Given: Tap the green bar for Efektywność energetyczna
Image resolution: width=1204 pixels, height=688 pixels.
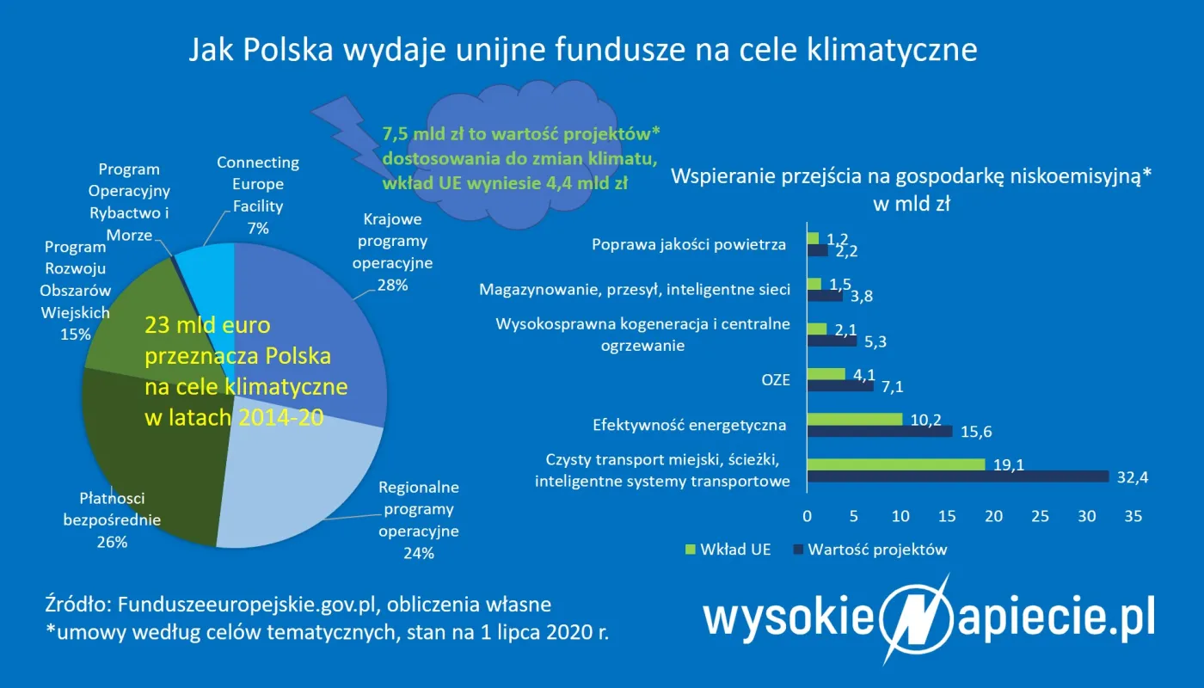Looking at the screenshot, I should tap(855, 419).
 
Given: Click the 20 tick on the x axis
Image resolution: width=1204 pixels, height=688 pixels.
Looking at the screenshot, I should tap(993, 517).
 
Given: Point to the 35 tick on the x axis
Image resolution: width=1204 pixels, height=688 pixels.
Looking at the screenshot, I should tap(1133, 517).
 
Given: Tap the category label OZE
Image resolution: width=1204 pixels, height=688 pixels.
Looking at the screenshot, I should tap(776, 379).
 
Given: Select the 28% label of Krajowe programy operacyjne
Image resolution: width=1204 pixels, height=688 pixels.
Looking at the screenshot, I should tap(392, 285).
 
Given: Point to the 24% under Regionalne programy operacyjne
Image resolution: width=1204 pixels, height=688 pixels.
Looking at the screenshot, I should tap(419, 553).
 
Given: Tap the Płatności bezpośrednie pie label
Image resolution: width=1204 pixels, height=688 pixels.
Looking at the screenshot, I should tap(112, 519).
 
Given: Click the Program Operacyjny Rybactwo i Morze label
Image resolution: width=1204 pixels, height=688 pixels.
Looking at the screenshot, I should tap(129, 202).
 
